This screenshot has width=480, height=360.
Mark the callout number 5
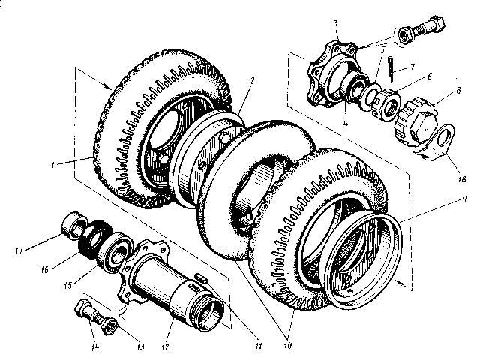pyautogui.click(x=382, y=49)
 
